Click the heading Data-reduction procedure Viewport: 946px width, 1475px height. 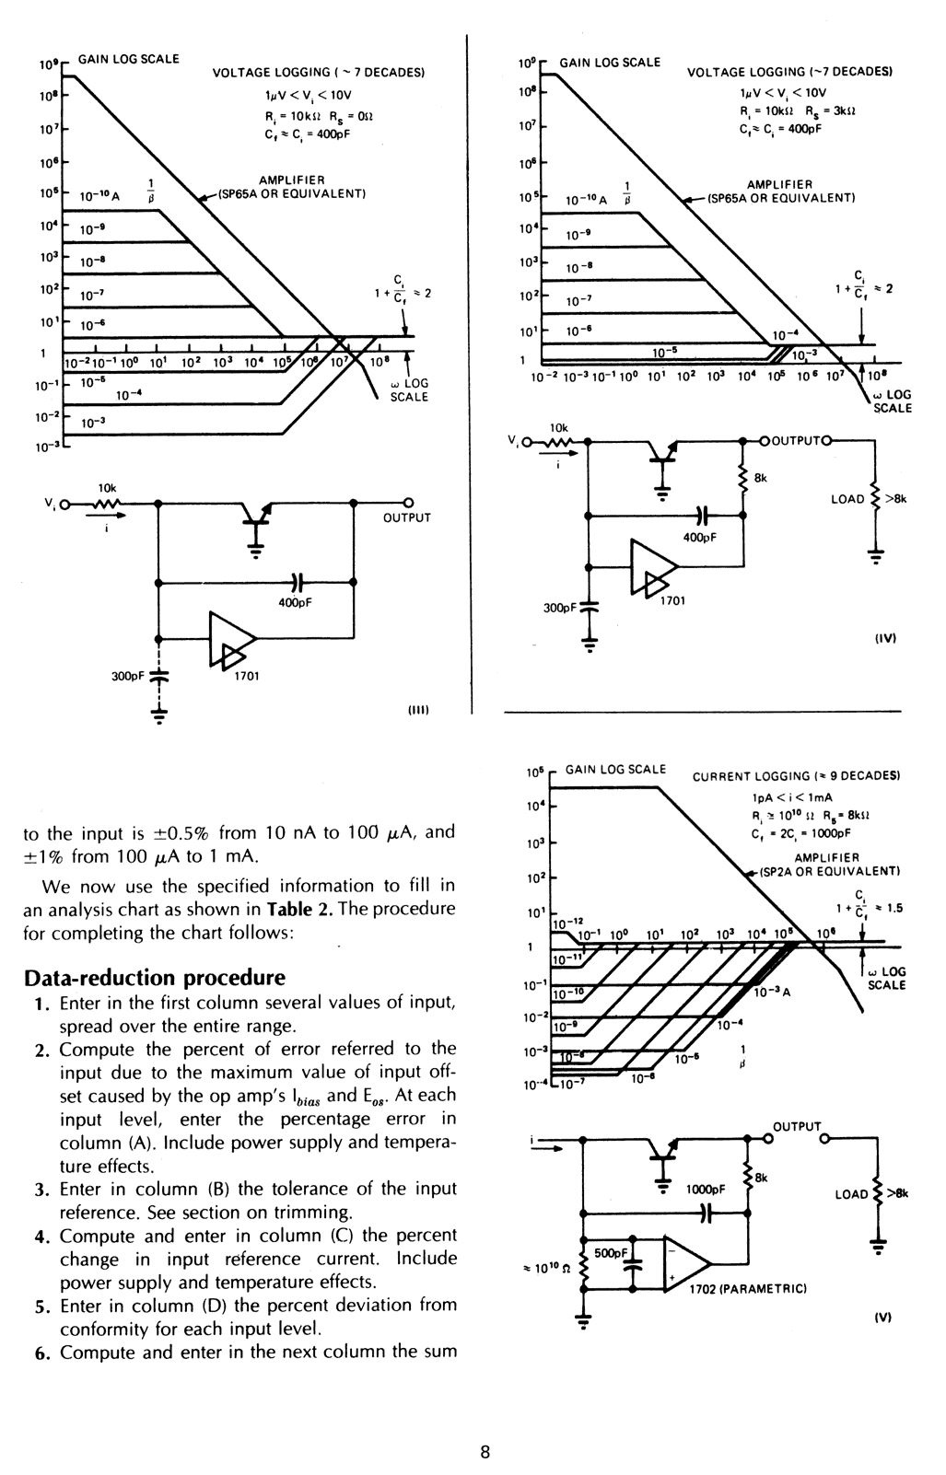[154, 977]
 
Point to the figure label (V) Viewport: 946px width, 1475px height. [882, 1317]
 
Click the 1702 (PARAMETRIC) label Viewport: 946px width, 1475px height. [748, 1289]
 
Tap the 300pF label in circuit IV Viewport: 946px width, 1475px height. [560, 608]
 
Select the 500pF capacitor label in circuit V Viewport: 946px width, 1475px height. [611, 1253]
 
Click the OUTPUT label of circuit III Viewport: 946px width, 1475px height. [406, 517]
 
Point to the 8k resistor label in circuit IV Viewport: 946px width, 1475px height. [760, 478]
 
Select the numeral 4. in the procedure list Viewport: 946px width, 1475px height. [41, 1237]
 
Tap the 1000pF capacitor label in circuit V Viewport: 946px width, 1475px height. [707, 1189]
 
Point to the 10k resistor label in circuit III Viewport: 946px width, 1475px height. [107, 487]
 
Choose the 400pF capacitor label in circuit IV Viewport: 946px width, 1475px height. [700, 537]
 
